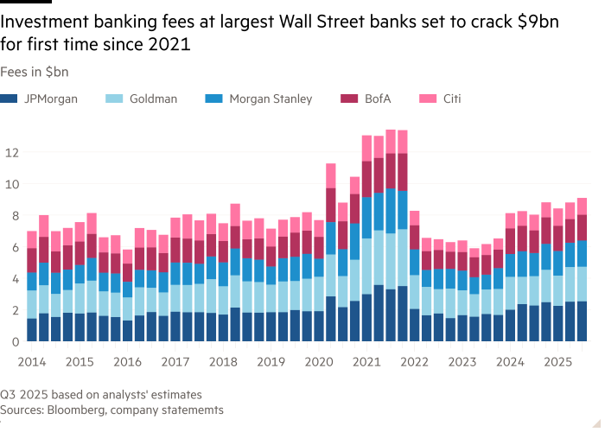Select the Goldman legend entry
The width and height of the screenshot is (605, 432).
click(154, 98)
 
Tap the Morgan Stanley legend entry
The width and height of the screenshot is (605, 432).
click(270, 98)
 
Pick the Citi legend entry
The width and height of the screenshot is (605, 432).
click(451, 98)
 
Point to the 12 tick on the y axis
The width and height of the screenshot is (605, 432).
click(11, 153)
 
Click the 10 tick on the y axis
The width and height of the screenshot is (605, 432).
click(11, 184)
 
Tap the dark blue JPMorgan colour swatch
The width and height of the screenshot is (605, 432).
click(8, 98)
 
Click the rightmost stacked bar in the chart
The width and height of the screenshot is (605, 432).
click(582, 270)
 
